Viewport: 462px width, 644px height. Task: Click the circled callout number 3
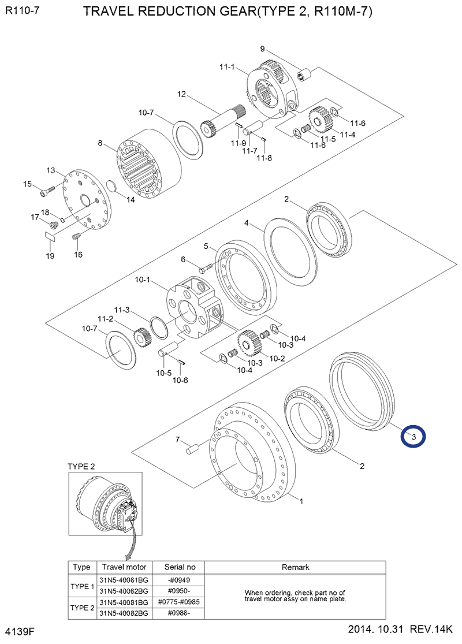click(x=413, y=437)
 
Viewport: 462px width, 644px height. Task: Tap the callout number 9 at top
click(x=262, y=49)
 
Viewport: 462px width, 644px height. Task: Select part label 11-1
click(x=226, y=68)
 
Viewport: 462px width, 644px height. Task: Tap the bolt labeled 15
click(x=47, y=189)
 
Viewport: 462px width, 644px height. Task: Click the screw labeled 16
click(x=75, y=236)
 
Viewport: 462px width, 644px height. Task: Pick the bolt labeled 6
click(x=207, y=268)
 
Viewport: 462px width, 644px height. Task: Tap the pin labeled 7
click(x=192, y=446)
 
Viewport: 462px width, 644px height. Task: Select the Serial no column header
click(x=180, y=567)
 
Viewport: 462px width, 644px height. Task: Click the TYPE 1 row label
click(x=81, y=586)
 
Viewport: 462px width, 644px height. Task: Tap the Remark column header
click(x=295, y=567)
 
